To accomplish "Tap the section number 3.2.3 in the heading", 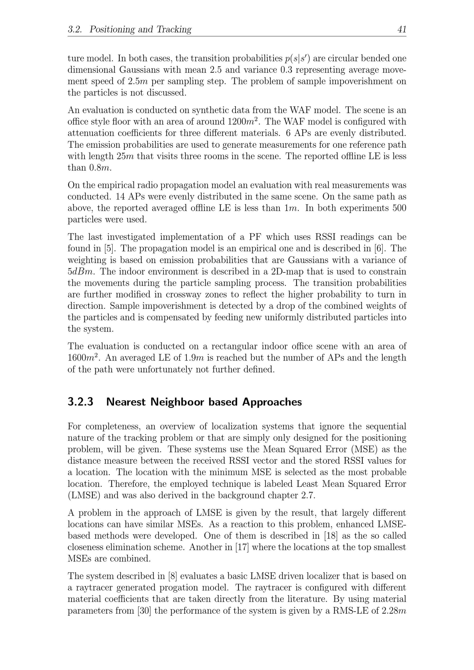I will tap(81, 402).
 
